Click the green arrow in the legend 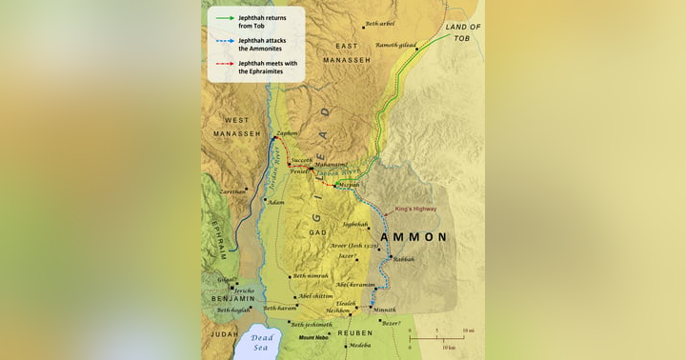(x=225, y=18)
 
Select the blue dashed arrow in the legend (x=225, y=41)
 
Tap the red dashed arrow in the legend (x=225, y=64)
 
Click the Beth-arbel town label (x=379, y=23)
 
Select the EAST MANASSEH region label (x=347, y=53)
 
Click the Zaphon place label (x=287, y=133)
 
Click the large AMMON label (x=414, y=236)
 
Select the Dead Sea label (x=261, y=343)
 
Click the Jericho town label (x=245, y=290)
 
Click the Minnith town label (x=384, y=310)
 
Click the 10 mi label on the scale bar (x=468, y=330)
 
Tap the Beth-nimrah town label (x=312, y=276)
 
